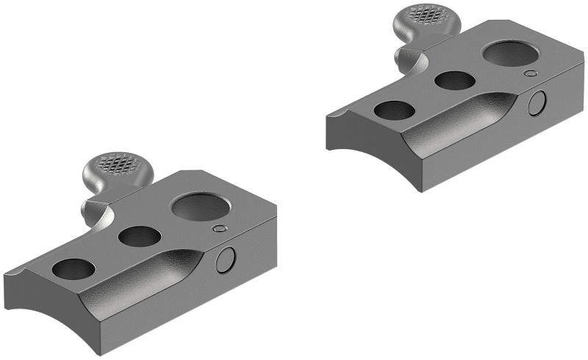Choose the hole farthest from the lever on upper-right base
point(394,110)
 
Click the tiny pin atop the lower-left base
point(217,230)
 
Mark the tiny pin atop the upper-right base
point(530,73)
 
